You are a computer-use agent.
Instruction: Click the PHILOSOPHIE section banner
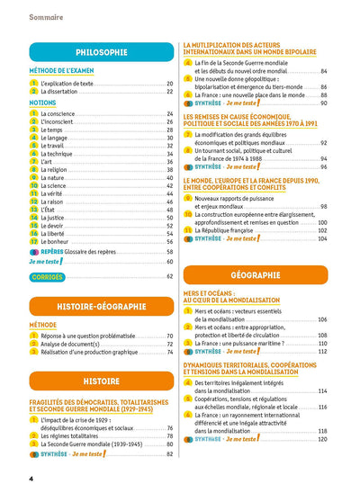pyautogui.click(x=102, y=53)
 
